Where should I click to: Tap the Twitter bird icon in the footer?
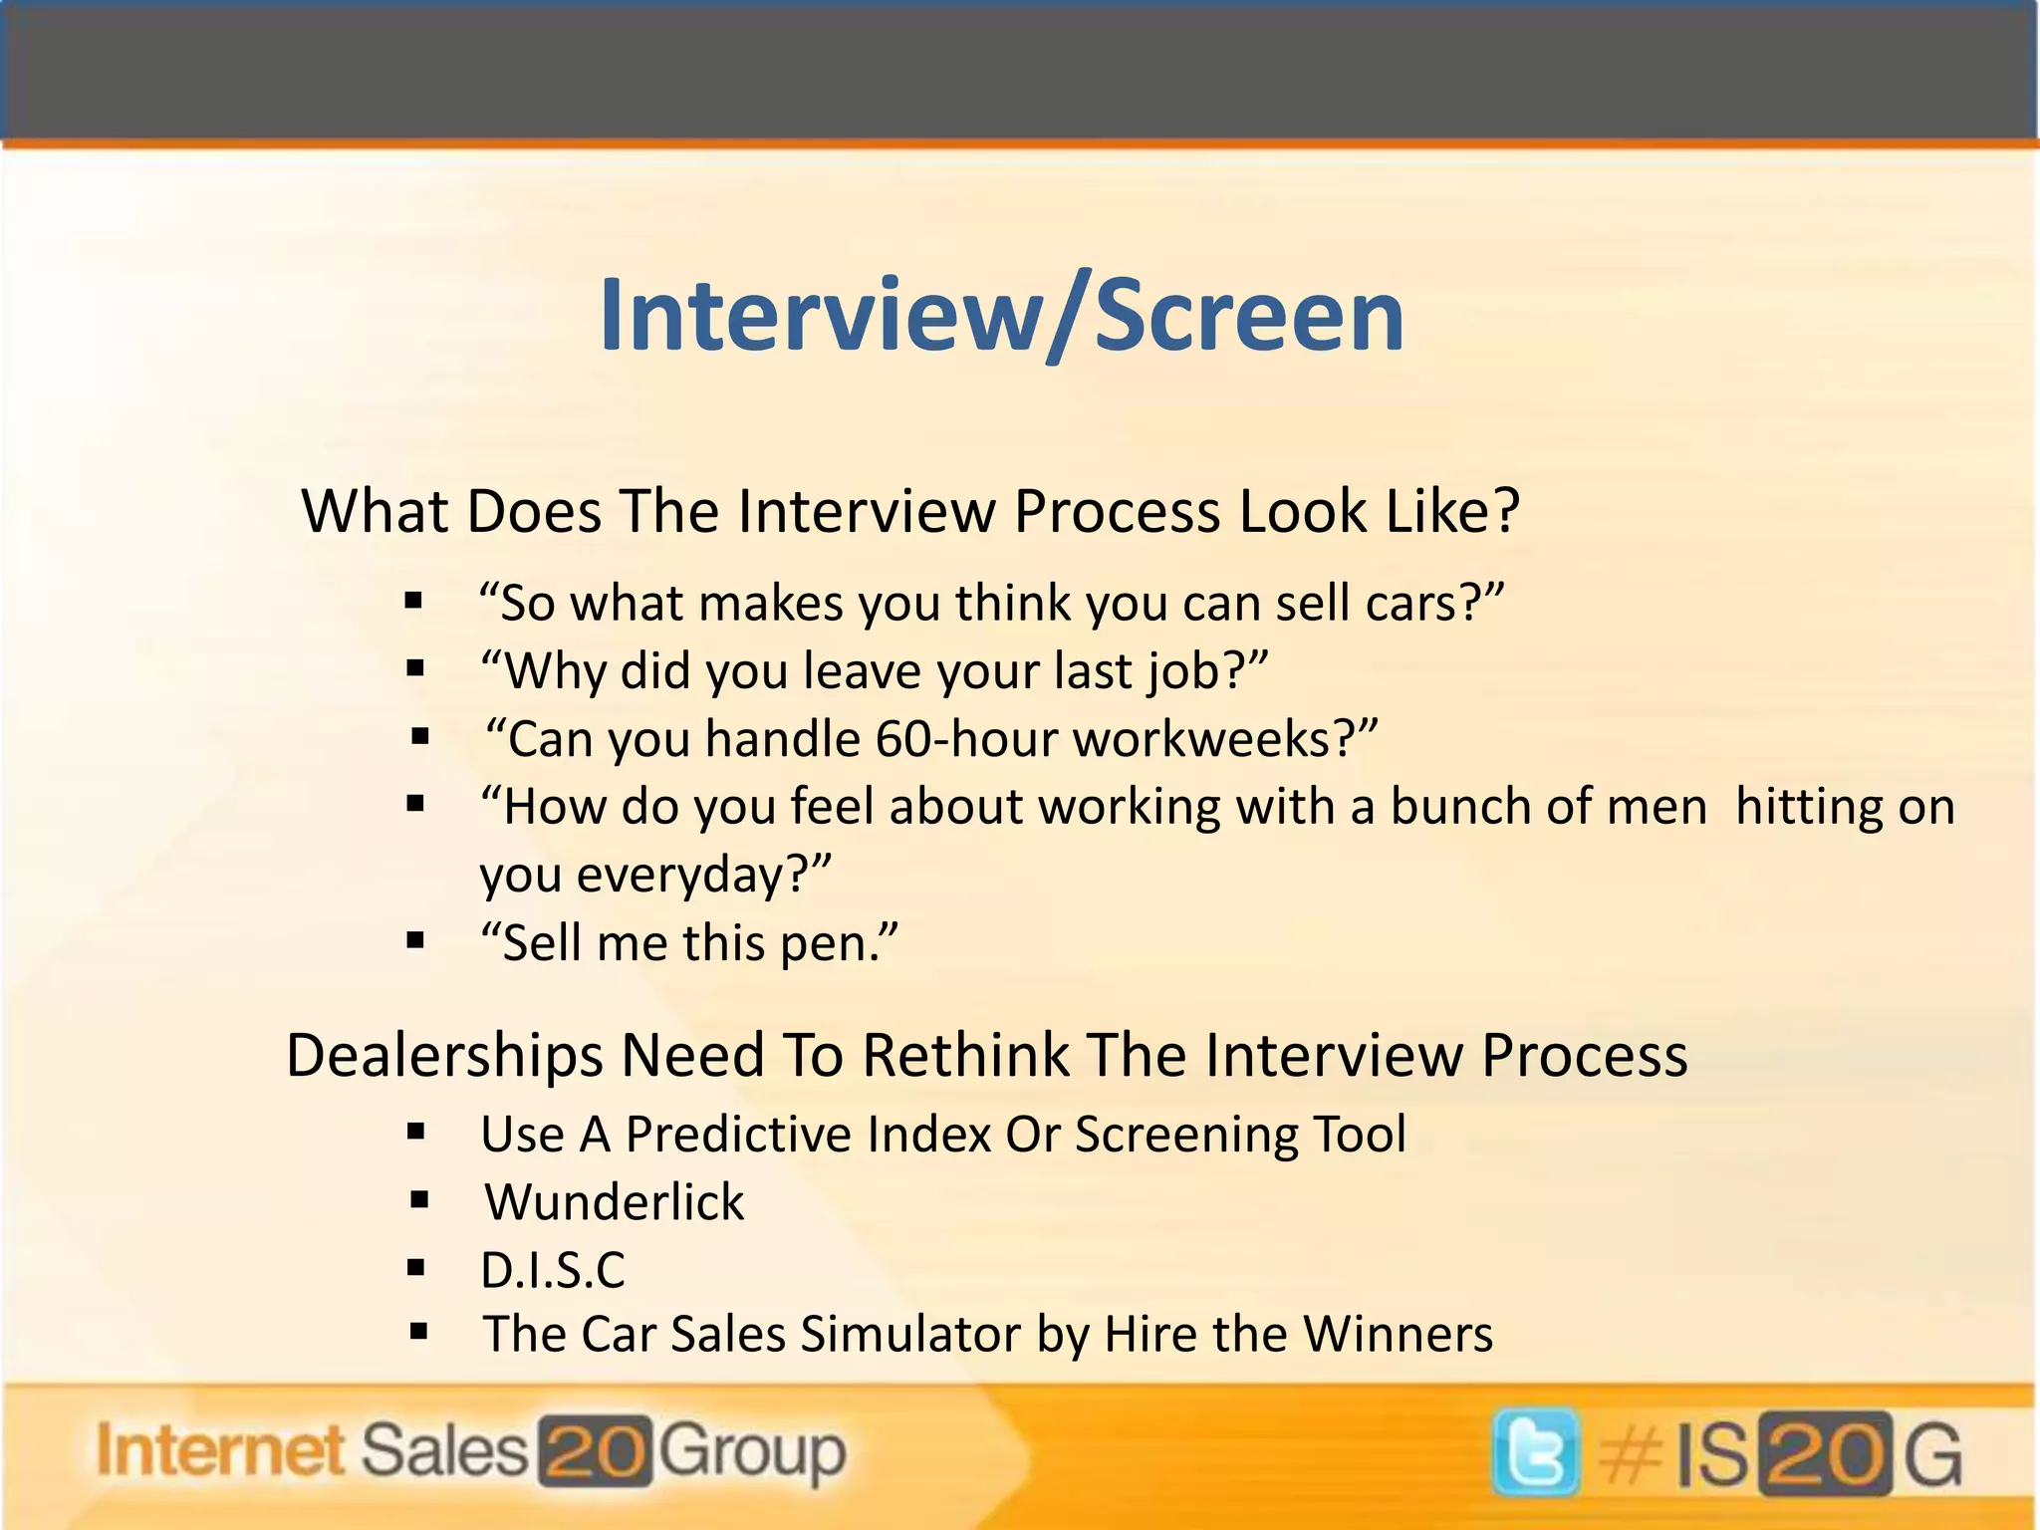(x=1535, y=1452)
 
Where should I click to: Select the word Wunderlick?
(x=615, y=1202)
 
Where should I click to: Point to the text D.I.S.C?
(x=553, y=1270)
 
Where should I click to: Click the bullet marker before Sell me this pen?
(x=416, y=940)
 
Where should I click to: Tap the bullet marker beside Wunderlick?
(x=419, y=1200)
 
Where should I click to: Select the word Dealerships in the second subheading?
(x=444, y=1055)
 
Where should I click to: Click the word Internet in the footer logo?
(x=220, y=1451)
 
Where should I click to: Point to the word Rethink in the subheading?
(x=964, y=1055)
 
